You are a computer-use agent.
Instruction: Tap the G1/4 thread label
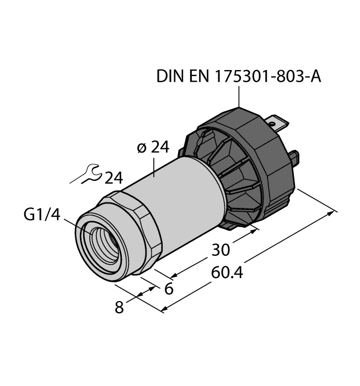pos(41,214)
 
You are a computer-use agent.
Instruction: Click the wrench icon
pos(88,175)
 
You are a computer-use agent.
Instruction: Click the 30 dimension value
pos(220,249)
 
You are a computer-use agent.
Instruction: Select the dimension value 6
pos(169,287)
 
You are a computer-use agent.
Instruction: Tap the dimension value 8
pos(119,307)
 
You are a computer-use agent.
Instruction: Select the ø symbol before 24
pos(141,148)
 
